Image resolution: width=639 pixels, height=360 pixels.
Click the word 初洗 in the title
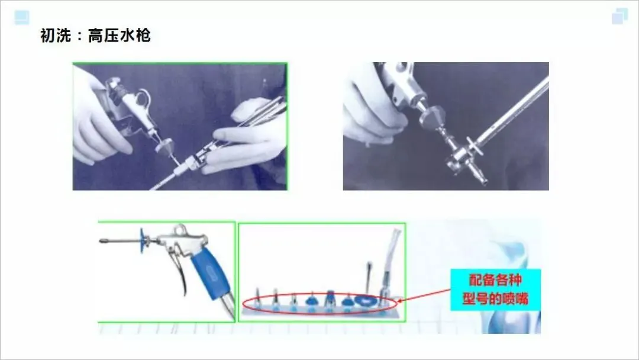[56, 36]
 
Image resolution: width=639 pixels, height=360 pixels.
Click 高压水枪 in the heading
[120, 36]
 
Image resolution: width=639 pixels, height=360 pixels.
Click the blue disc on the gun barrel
[143, 240]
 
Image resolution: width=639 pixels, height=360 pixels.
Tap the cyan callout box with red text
[495, 290]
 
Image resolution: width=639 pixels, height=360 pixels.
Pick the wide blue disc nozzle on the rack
[366, 301]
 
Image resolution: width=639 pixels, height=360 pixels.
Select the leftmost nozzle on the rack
[257, 298]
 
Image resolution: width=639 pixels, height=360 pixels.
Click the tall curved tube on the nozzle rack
[389, 261]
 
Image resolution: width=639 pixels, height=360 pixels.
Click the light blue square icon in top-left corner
[22, 18]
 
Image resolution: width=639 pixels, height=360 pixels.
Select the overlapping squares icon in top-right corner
[620, 17]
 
